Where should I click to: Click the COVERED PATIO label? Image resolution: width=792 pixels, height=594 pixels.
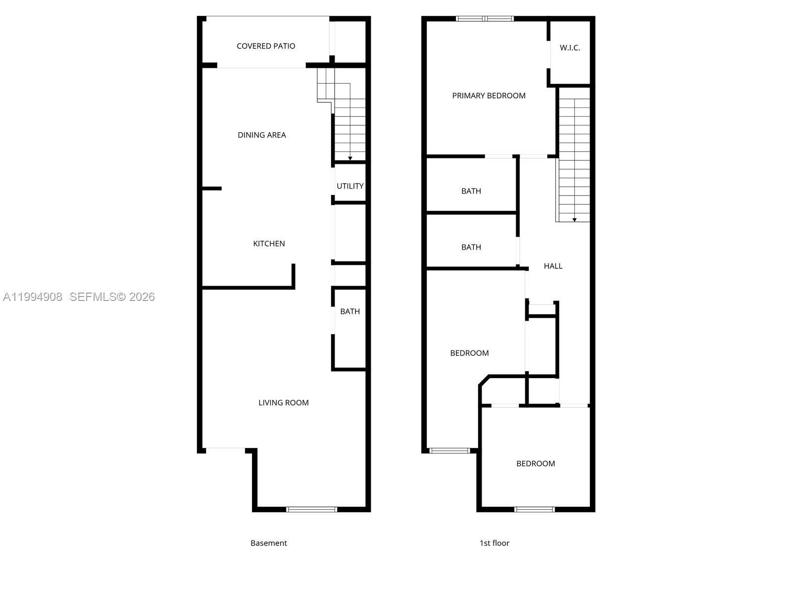pyautogui.click(x=266, y=46)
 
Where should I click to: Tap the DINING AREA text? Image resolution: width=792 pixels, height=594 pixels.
pyautogui.click(x=262, y=135)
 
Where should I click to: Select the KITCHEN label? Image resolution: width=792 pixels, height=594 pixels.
pyautogui.click(x=269, y=244)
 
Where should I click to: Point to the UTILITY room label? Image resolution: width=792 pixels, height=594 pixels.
pyautogui.click(x=350, y=186)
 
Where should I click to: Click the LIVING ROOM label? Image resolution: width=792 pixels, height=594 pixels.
pyautogui.click(x=283, y=402)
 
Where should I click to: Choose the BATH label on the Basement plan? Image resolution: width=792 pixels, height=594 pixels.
pyautogui.click(x=350, y=311)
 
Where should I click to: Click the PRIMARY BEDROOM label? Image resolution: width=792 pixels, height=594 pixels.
pyautogui.click(x=489, y=96)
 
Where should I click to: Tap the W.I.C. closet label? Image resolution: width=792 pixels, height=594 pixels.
pyautogui.click(x=570, y=48)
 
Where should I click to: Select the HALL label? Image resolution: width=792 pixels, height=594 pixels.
pyautogui.click(x=553, y=266)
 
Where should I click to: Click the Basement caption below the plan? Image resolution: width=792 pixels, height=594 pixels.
pyautogui.click(x=268, y=543)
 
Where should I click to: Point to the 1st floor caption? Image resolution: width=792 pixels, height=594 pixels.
pyautogui.click(x=494, y=543)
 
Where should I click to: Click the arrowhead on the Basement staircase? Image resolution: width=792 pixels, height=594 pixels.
pyautogui.click(x=350, y=158)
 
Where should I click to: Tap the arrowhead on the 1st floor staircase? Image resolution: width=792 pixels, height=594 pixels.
pyautogui.click(x=574, y=219)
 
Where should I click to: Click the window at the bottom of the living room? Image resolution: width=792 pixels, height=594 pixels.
pyautogui.click(x=312, y=509)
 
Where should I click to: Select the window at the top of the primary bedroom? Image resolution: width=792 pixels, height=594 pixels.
pyautogui.click(x=485, y=19)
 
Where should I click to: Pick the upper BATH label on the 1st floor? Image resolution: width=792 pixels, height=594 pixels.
pyautogui.click(x=471, y=191)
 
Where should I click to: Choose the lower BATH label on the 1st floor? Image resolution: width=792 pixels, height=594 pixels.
pyautogui.click(x=471, y=247)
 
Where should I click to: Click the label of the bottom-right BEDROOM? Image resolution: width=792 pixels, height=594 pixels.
pyautogui.click(x=536, y=463)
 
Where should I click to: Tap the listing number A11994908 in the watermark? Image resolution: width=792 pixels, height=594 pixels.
pyautogui.click(x=33, y=297)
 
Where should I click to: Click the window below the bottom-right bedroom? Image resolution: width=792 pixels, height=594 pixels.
pyautogui.click(x=535, y=509)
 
